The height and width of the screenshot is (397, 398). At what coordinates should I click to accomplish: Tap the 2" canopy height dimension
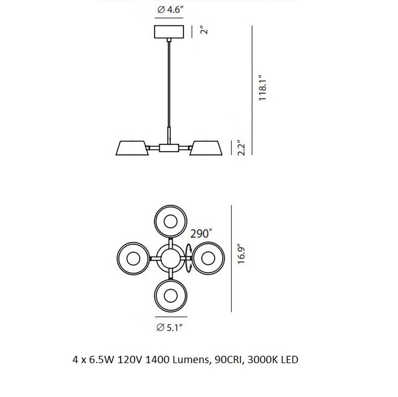203,31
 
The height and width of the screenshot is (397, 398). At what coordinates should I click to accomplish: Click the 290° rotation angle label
201,232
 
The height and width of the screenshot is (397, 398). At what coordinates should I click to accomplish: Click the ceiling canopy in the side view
171,32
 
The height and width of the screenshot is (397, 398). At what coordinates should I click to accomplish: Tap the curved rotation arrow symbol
189,258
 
